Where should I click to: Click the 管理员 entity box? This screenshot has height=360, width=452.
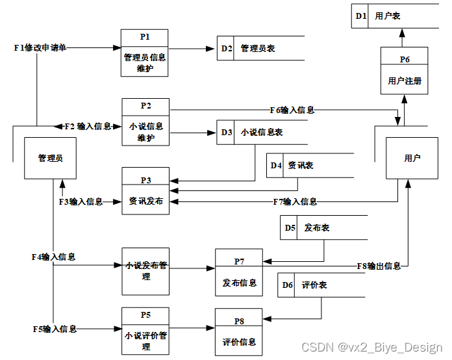(x=50, y=158)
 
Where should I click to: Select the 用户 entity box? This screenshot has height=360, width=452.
(x=412, y=158)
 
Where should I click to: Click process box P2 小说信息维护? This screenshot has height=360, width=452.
(x=145, y=122)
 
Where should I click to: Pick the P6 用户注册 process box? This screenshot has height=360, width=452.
(x=405, y=71)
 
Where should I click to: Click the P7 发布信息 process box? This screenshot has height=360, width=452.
(x=239, y=273)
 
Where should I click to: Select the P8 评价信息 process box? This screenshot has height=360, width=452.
(x=239, y=332)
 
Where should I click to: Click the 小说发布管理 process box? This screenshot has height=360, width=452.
(x=145, y=270)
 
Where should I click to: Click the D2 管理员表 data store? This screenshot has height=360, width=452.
(x=260, y=48)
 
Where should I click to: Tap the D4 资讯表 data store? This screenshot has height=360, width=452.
(x=309, y=165)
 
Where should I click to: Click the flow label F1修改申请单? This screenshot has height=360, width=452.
(x=40, y=48)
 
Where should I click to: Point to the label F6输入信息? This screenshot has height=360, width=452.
(x=292, y=110)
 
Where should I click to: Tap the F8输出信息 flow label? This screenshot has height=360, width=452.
(x=379, y=266)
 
